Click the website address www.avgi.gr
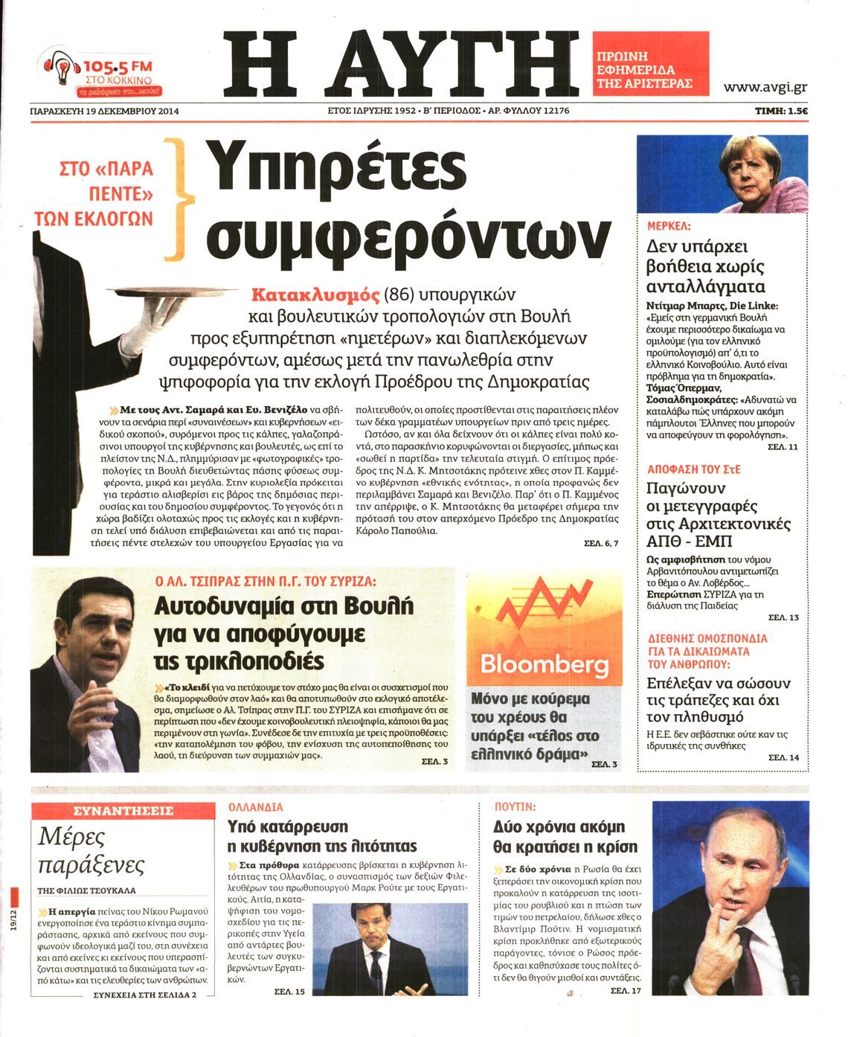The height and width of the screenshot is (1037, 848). (765, 87)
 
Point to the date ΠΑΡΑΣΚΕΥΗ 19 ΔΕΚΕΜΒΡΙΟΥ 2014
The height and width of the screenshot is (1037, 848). (105, 112)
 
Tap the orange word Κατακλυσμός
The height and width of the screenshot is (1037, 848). (315, 295)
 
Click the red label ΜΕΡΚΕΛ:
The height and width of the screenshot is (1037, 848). (668, 225)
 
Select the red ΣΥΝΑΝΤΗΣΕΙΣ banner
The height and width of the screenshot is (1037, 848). (123, 811)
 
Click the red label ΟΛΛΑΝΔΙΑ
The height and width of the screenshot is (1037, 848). (255, 806)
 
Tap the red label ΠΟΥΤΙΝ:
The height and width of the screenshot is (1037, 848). (515, 806)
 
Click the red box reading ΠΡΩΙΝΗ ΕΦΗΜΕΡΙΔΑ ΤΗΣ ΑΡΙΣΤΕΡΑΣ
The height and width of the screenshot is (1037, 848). (650, 70)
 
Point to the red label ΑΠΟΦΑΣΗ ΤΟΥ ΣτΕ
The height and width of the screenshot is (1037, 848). (693, 469)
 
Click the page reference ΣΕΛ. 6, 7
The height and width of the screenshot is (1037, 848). (601, 544)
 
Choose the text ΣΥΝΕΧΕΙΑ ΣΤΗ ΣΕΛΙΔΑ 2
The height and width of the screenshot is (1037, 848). (144, 995)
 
